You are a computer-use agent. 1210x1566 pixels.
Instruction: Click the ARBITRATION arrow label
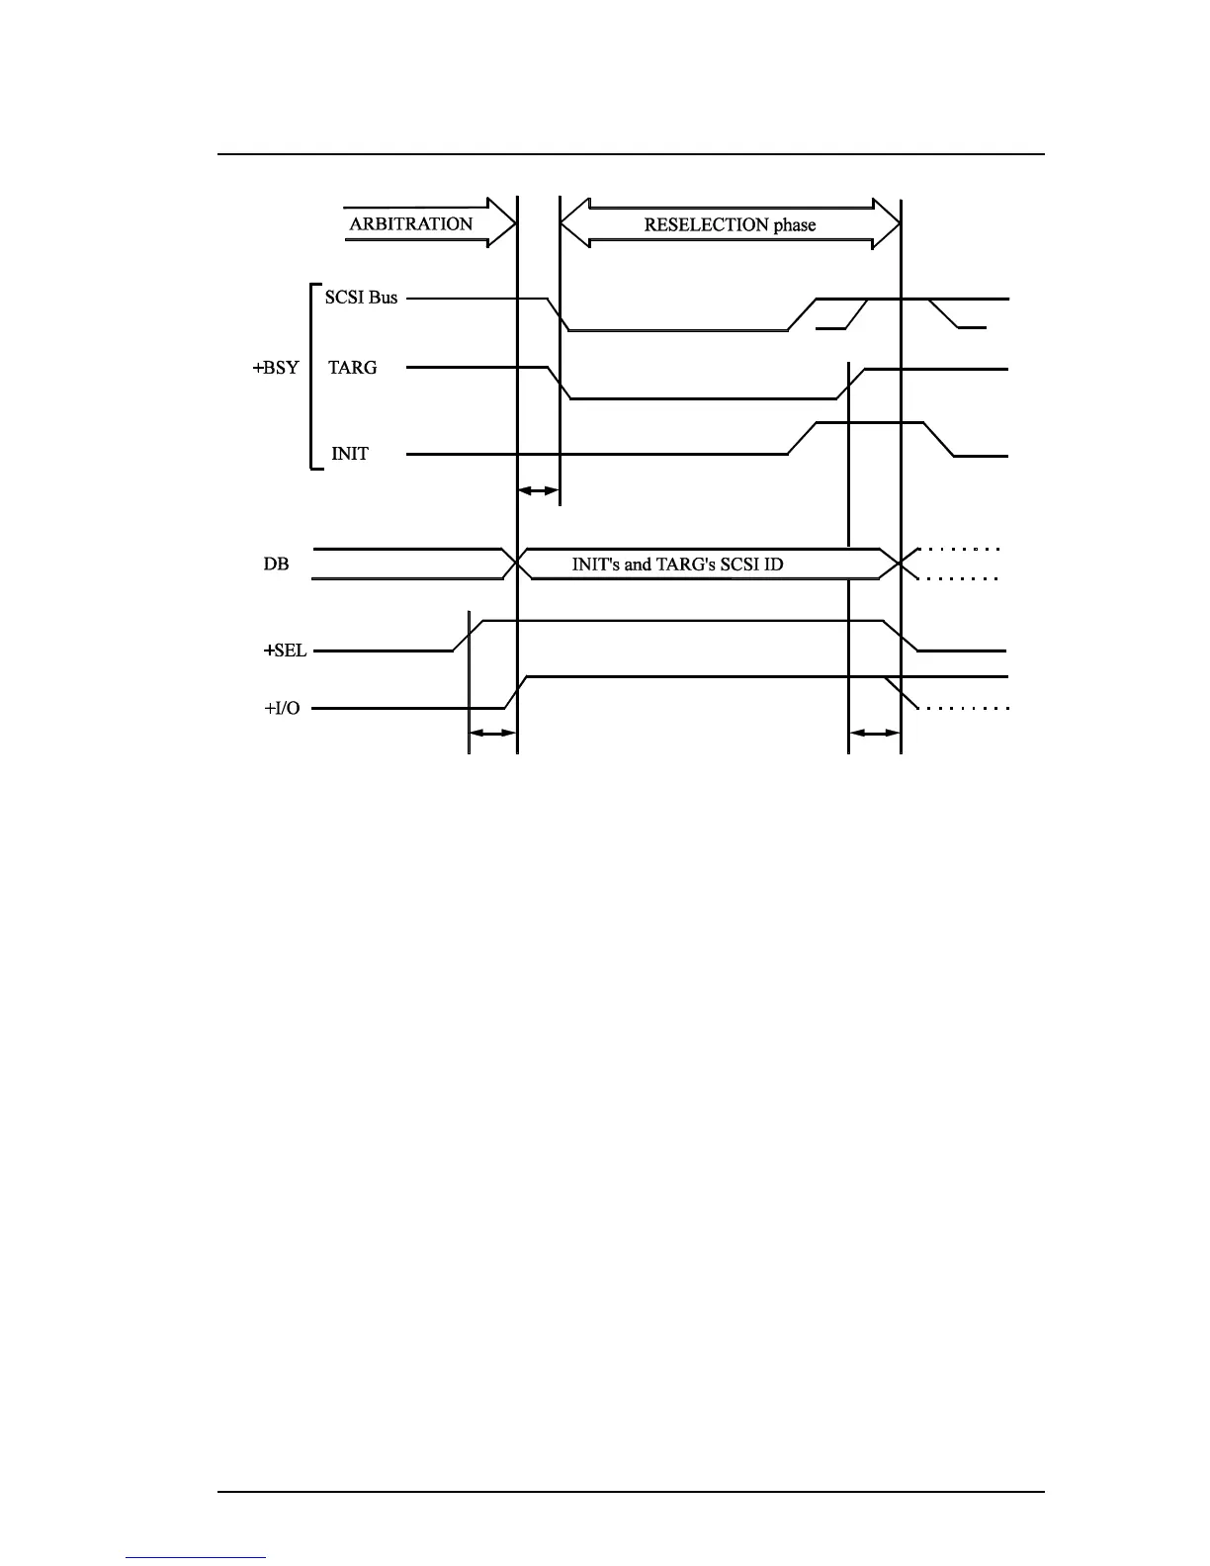pyautogui.click(x=411, y=223)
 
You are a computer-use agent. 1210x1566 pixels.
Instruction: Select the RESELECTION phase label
pyautogui.click(x=730, y=224)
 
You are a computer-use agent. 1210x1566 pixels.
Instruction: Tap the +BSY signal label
pyautogui.click(x=276, y=368)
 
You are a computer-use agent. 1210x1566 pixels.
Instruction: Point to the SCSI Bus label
pyautogui.click(x=361, y=298)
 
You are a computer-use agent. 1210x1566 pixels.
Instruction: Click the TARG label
pyautogui.click(x=353, y=368)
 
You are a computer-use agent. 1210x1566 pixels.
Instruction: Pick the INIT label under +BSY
pyautogui.click(x=350, y=454)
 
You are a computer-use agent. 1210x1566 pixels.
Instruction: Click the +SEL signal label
pyautogui.click(x=285, y=652)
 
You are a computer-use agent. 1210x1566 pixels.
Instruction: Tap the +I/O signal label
pyautogui.click(x=282, y=709)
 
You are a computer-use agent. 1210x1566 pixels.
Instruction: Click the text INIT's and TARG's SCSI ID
pyautogui.click(x=678, y=565)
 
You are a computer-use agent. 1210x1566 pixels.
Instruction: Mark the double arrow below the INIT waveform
pyautogui.click(x=539, y=490)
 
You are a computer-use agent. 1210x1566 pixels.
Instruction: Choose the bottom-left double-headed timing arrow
pyautogui.click(x=492, y=733)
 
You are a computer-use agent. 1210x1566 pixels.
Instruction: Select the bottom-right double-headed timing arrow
pyautogui.click(x=875, y=733)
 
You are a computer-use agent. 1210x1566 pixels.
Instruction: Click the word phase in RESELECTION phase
pyautogui.click(x=795, y=224)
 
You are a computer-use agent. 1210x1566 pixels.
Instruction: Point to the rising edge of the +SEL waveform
pyautogui.click(x=468, y=636)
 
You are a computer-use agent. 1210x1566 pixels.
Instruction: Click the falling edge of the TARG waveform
pyautogui.click(x=561, y=384)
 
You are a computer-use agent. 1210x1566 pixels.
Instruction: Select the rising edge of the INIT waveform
pyautogui.click(x=803, y=438)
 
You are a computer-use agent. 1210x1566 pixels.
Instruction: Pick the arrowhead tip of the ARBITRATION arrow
pyautogui.click(x=514, y=223)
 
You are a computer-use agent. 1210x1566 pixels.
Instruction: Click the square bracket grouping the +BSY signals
pyautogui.click(x=311, y=376)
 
